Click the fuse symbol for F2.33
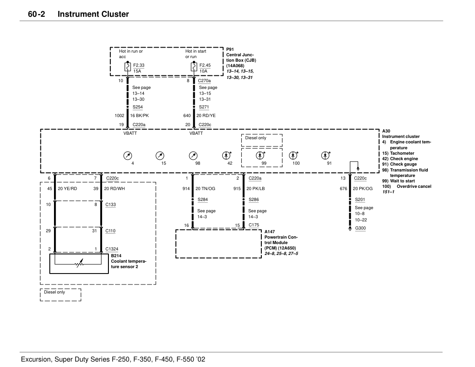[127, 68]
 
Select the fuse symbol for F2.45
[194, 68]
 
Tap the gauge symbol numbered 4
[127, 155]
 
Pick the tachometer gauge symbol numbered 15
[160, 155]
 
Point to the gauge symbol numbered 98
[193, 155]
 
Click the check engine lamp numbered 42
[226, 155]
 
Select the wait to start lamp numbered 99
[260, 155]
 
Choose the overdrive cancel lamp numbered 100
[293, 155]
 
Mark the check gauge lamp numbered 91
[325, 155]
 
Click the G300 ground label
[360, 228]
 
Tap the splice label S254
[137, 107]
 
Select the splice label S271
[204, 107]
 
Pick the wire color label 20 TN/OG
[205, 188]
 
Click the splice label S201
[360, 199]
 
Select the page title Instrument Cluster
[93, 14]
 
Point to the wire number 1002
[119, 115]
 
